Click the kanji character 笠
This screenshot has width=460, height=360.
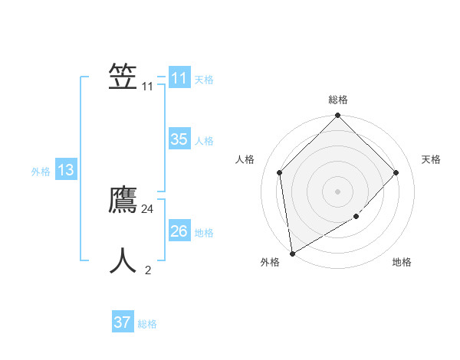123,77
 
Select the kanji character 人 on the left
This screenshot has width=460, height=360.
123,261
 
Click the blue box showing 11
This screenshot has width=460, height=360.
179,78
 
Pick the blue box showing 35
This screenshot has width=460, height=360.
179,139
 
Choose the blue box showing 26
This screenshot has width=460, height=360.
179,231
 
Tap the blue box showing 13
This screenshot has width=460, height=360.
66,170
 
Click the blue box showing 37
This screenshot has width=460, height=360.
122,322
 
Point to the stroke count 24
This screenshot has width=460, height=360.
148,209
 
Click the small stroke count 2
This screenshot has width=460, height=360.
148,270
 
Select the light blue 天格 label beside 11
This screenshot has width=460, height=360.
204,80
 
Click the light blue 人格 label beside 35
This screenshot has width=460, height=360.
204,141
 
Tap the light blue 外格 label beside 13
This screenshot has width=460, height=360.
41,172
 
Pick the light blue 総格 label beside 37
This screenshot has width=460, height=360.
147,324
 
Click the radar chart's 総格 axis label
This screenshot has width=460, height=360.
338,100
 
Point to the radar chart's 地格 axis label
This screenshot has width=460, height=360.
402,263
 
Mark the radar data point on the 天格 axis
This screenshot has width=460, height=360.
396,172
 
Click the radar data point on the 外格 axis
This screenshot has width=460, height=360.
292,254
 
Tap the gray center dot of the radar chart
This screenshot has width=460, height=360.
338,191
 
